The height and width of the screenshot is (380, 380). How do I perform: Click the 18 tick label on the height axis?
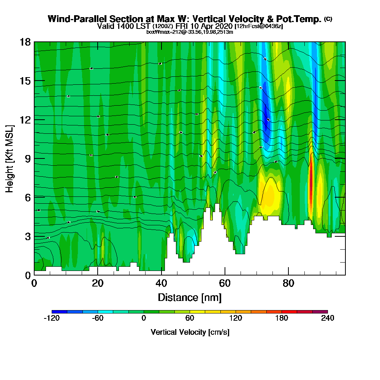pyautogui.click(x=25, y=42)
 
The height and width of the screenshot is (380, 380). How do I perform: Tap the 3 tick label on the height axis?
pyautogui.click(x=28, y=236)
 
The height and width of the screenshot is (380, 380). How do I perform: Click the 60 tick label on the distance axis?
pyautogui.click(x=225, y=283)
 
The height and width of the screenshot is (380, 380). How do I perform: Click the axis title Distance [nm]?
pyautogui.click(x=190, y=297)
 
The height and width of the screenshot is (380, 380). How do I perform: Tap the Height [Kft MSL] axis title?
pyautogui.click(x=9, y=158)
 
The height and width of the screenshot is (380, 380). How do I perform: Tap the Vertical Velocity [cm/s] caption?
pyautogui.click(x=190, y=332)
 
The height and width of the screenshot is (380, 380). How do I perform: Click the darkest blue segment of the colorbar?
pyautogui.click(x=59, y=312)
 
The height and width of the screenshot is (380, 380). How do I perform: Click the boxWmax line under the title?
pyautogui.click(x=190, y=32)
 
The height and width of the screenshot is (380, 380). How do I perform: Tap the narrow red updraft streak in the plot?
pyautogui.click(x=310, y=182)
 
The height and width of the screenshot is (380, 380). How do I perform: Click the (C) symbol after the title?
pyautogui.click(x=328, y=19)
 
